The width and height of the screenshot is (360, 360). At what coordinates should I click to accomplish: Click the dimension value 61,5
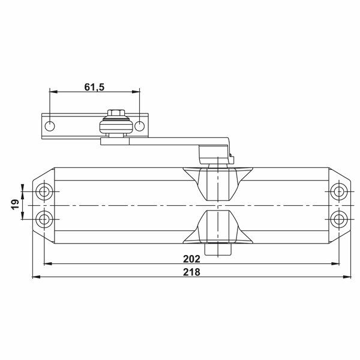click(95, 87)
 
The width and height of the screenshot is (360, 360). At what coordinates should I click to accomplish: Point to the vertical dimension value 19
click(15, 204)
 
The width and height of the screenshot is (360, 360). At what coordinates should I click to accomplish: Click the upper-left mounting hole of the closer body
click(44, 192)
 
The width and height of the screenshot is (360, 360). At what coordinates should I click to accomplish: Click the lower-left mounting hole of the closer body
click(44, 217)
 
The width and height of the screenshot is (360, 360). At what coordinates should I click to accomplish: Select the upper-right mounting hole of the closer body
click(338, 192)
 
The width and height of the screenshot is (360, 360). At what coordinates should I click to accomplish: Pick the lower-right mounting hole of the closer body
click(338, 217)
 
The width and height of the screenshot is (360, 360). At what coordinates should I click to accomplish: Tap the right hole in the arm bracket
click(139, 126)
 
